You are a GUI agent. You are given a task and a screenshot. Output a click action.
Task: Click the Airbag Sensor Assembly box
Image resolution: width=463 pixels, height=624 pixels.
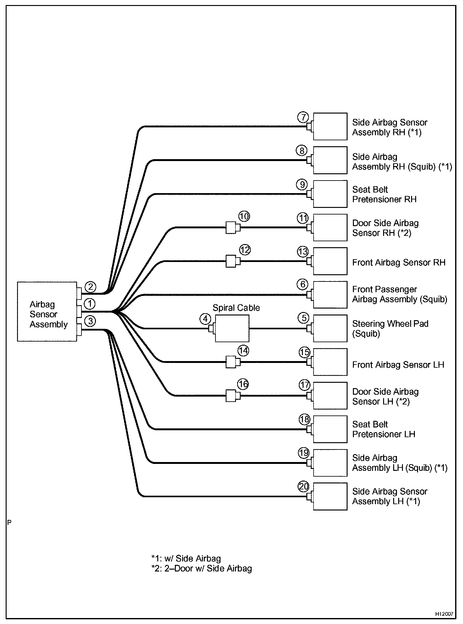click(47, 311)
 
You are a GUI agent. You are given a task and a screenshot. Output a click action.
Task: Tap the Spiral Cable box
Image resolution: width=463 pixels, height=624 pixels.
click(232, 328)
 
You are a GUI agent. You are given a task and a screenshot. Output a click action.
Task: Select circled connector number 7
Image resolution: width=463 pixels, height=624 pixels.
click(303, 117)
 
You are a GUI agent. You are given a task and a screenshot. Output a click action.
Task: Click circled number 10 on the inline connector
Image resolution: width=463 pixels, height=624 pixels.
click(244, 216)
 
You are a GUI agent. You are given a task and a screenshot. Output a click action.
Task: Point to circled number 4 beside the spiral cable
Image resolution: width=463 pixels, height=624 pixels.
click(205, 319)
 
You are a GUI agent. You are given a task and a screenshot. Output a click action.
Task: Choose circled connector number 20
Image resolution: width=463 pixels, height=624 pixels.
click(304, 487)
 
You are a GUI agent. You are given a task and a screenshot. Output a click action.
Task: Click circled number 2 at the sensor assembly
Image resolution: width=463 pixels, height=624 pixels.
click(90, 287)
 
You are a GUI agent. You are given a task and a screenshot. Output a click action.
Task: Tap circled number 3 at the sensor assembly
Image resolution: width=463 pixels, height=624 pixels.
click(90, 321)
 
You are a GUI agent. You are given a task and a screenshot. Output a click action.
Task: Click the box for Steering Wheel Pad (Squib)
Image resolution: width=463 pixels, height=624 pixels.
click(330, 328)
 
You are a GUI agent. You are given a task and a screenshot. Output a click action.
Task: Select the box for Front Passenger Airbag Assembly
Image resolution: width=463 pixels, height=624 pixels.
click(330, 295)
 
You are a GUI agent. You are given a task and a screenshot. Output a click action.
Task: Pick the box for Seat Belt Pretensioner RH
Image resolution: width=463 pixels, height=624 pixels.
click(330, 194)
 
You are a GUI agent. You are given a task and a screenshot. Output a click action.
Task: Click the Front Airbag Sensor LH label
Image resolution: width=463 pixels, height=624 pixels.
click(398, 365)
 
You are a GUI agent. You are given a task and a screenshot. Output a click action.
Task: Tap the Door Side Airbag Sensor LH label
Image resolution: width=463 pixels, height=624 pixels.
click(385, 397)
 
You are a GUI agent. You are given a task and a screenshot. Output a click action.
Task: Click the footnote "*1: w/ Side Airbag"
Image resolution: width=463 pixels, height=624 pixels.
click(186, 559)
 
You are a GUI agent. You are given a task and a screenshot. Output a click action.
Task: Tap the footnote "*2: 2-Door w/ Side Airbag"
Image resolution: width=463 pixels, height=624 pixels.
click(201, 569)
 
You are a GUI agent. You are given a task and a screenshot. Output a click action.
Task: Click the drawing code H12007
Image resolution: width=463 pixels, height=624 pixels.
click(444, 614)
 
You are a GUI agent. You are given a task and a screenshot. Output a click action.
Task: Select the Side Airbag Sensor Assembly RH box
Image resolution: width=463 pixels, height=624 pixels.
click(330, 126)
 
